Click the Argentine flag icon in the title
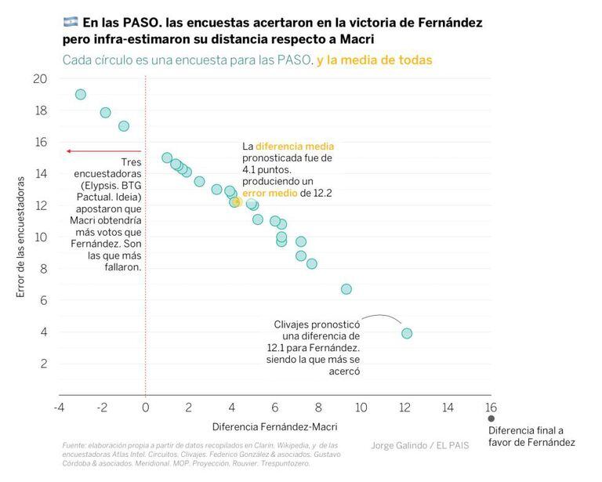pos(69,23)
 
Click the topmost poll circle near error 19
pos(81,94)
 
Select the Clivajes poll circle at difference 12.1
pos(407,333)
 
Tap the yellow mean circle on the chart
pos(236,201)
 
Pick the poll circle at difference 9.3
pos(346,289)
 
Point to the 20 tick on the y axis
pos(40,78)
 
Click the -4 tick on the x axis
pos(59,408)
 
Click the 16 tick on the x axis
pos(491,408)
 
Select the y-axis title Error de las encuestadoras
pos(21,236)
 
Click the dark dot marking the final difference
pos(491,419)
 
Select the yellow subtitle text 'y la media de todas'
pos(375,60)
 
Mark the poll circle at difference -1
pos(123,126)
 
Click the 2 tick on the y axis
pos(43,364)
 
